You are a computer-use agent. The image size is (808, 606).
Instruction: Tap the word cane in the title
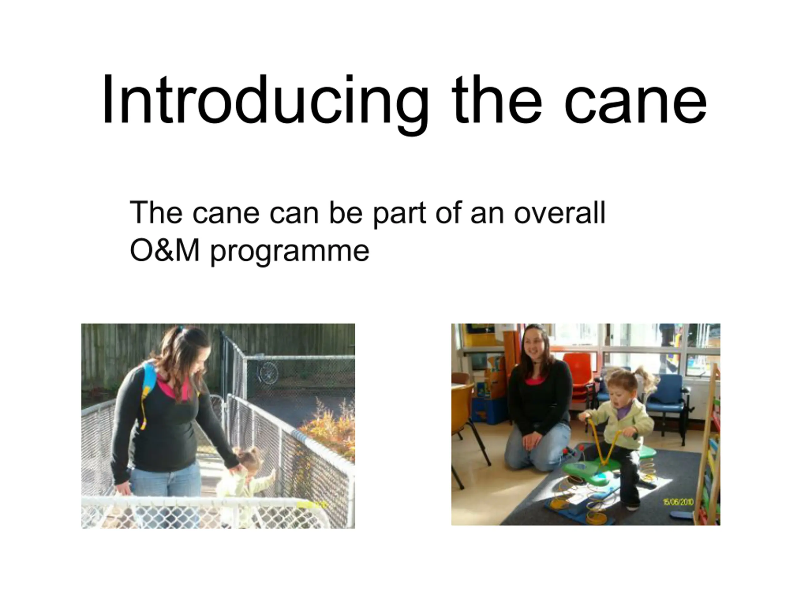point(636,104)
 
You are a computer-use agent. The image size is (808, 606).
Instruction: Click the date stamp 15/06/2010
point(678,502)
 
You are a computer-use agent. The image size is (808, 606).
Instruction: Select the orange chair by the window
point(579,376)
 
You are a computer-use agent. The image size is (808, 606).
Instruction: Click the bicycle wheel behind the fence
point(269,372)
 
